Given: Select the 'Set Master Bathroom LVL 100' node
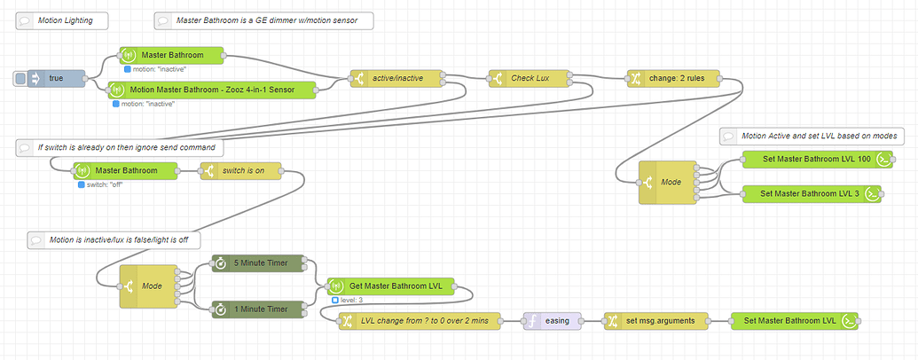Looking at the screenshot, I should point(804,160).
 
